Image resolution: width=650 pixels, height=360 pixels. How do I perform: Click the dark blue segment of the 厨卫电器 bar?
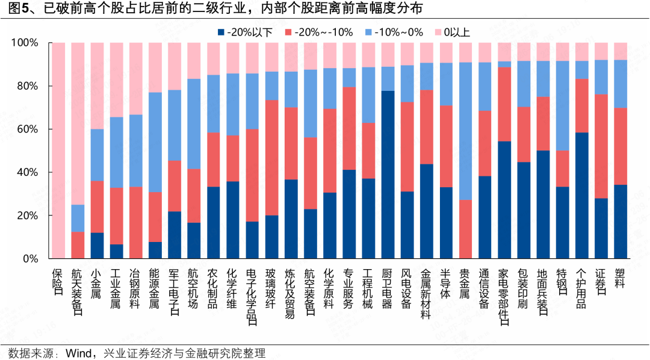pos(388,175)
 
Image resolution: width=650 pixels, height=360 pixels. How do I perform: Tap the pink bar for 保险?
pos(58,151)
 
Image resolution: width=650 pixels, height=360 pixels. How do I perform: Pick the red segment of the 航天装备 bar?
pos(78,245)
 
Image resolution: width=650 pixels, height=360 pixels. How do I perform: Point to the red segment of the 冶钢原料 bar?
pos(136,223)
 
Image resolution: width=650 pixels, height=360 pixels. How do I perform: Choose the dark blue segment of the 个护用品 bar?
pos(582,196)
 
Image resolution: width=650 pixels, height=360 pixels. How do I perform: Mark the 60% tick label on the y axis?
pos(25,129)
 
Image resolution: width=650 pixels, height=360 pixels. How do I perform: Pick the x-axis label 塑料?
pos(621,276)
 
